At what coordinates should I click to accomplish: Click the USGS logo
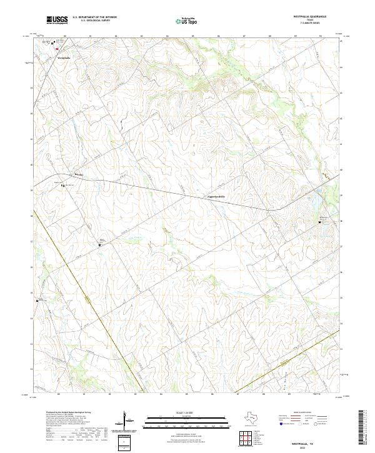[x=57, y=20]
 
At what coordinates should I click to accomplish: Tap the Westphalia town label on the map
[x=63, y=58]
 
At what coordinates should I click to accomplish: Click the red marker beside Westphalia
[x=57, y=48]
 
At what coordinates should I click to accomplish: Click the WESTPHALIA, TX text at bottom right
[x=294, y=440]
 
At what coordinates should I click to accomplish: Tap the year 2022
[x=294, y=446]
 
